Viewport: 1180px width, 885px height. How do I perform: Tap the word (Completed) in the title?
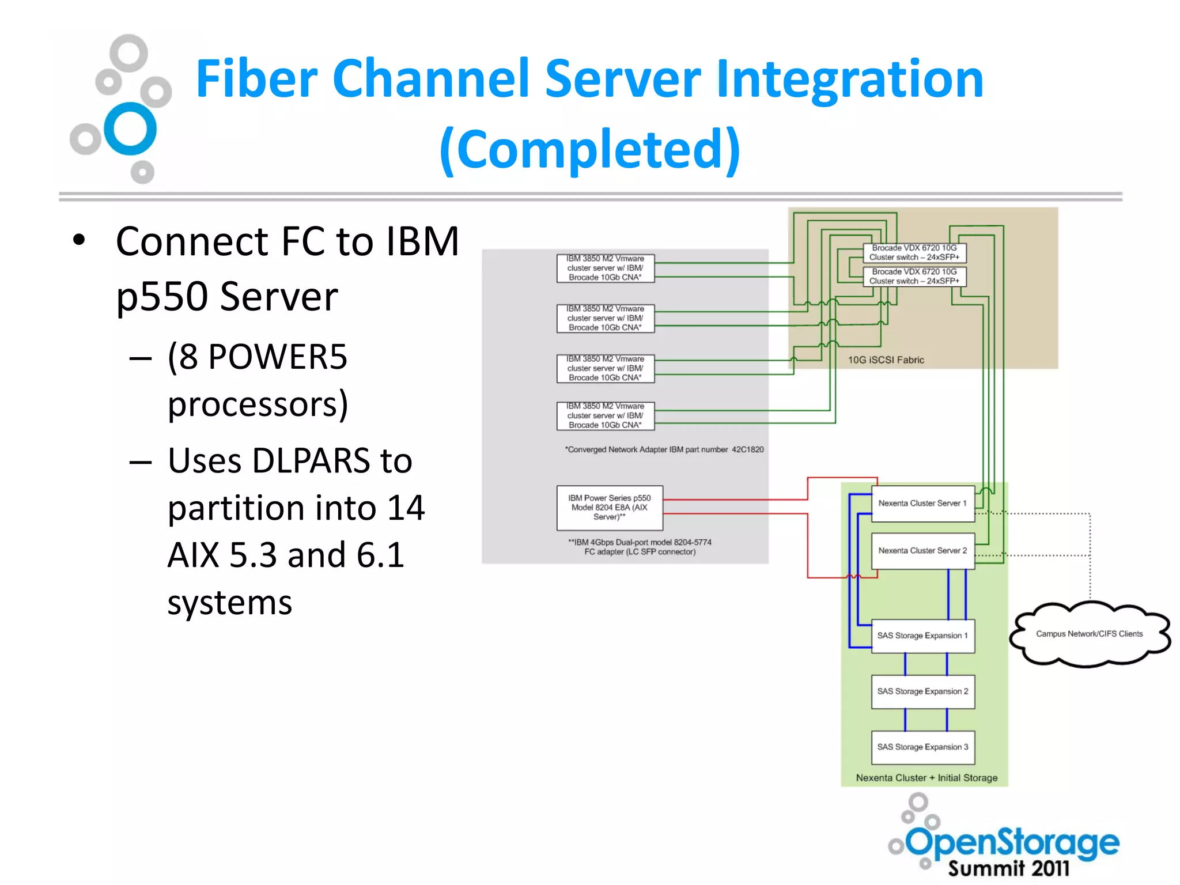tap(589, 149)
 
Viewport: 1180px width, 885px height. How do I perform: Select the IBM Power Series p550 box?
tap(609, 508)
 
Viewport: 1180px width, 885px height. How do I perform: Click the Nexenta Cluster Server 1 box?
tap(922, 504)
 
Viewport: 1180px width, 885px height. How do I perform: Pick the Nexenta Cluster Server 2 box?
tap(922, 551)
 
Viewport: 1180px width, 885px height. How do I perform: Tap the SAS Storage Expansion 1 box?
tap(922, 636)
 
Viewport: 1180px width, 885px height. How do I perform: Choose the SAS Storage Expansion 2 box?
tap(922, 691)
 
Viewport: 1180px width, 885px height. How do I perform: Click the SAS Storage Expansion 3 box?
tap(922, 747)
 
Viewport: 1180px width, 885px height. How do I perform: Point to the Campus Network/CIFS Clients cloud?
tap(1089, 634)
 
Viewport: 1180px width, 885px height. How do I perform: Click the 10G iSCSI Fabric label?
tap(886, 360)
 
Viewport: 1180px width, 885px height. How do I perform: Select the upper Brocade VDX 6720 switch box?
tap(914, 253)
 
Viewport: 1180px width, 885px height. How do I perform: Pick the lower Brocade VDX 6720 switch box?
tap(914, 277)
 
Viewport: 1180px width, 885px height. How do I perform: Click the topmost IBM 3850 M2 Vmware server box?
tap(605, 268)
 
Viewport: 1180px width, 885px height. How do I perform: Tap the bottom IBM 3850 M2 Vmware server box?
tap(605, 416)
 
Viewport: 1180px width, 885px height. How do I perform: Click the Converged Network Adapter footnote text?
tap(664, 450)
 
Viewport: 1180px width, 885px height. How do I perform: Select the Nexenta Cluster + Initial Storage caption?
tap(926, 778)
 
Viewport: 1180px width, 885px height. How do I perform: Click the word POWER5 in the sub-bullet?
tap(278, 357)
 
